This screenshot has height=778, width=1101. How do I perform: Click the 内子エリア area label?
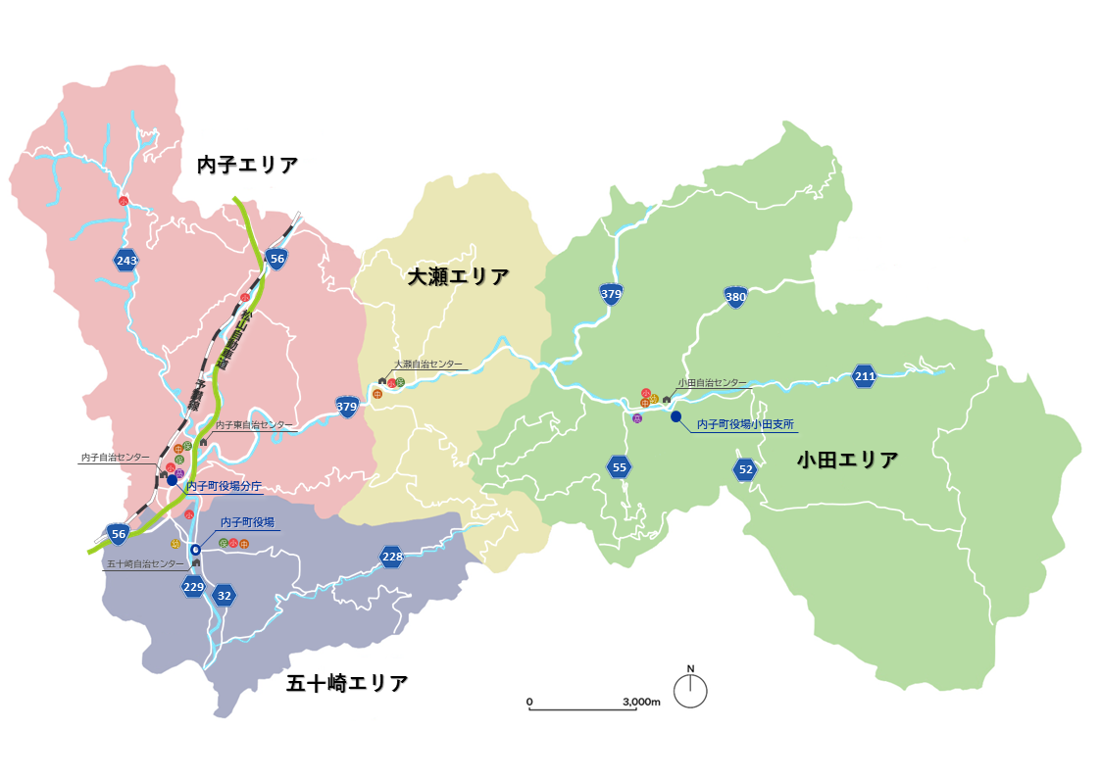[x=247, y=165]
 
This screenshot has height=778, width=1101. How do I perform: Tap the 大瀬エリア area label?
[x=459, y=277]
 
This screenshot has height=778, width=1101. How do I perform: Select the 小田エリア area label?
[x=847, y=460]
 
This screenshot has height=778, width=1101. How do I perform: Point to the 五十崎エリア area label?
[x=347, y=683]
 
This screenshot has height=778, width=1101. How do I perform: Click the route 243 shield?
[x=125, y=260]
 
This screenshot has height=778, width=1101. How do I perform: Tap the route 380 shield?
[x=735, y=297]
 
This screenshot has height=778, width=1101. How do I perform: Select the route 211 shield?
[x=864, y=376]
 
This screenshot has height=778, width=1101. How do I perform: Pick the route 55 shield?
[x=619, y=467]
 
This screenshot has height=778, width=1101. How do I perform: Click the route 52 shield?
[x=746, y=469]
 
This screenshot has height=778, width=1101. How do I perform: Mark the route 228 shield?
[x=392, y=558]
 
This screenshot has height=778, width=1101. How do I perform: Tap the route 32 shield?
[x=225, y=595]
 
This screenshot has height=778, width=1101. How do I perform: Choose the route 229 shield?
[x=193, y=587]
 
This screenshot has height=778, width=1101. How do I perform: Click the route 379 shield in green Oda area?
[x=611, y=293]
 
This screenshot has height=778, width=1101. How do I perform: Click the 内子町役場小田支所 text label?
[x=744, y=425]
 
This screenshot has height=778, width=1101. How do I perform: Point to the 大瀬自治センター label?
[x=428, y=364]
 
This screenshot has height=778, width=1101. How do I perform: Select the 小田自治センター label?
[x=712, y=383]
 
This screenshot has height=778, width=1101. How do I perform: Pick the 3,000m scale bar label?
[x=641, y=702]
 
